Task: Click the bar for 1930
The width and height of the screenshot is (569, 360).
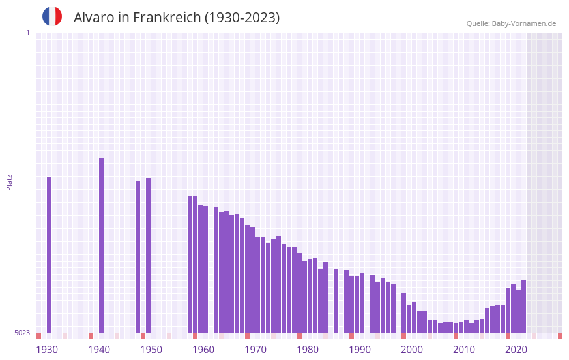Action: pos(49,255)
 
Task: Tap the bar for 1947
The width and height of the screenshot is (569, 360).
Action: pos(138,257)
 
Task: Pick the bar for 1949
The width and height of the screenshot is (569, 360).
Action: pos(148,255)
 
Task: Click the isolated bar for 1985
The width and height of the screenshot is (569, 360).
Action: pos(336,301)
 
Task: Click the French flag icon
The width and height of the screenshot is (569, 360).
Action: pos(52,17)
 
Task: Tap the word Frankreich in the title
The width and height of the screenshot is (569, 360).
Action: pos(167,18)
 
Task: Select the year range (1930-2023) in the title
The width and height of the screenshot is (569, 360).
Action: pos(242,18)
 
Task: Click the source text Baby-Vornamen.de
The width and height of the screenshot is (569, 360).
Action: pos(523,23)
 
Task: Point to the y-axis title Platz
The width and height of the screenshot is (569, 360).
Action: pos(9,182)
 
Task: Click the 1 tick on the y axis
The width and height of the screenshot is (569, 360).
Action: pos(27,33)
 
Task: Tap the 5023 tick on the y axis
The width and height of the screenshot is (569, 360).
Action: pos(22,333)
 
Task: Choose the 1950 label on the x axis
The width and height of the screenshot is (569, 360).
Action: pos(151,350)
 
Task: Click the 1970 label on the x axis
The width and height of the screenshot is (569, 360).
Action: pos(255,350)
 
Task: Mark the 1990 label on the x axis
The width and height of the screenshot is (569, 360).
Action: pos(360,350)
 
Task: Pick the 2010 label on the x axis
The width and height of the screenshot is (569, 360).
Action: pos(464,350)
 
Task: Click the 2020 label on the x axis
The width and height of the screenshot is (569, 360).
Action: pos(516,350)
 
